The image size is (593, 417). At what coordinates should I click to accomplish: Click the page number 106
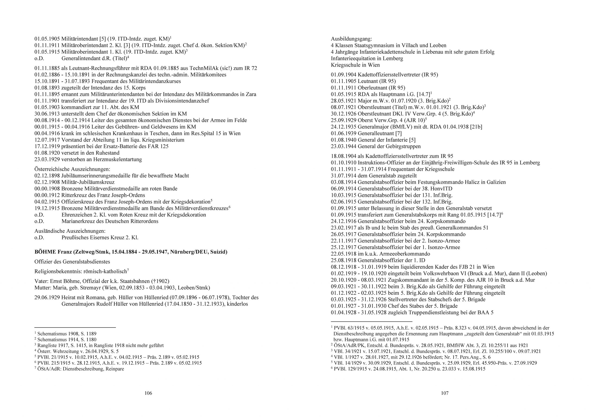point(148,393)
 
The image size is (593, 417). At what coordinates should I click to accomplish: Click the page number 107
point(445,393)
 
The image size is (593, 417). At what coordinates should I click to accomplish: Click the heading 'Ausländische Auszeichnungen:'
point(70,231)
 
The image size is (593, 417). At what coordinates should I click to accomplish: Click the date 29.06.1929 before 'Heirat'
point(47,298)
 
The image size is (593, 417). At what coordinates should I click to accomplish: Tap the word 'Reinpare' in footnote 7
point(114,369)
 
